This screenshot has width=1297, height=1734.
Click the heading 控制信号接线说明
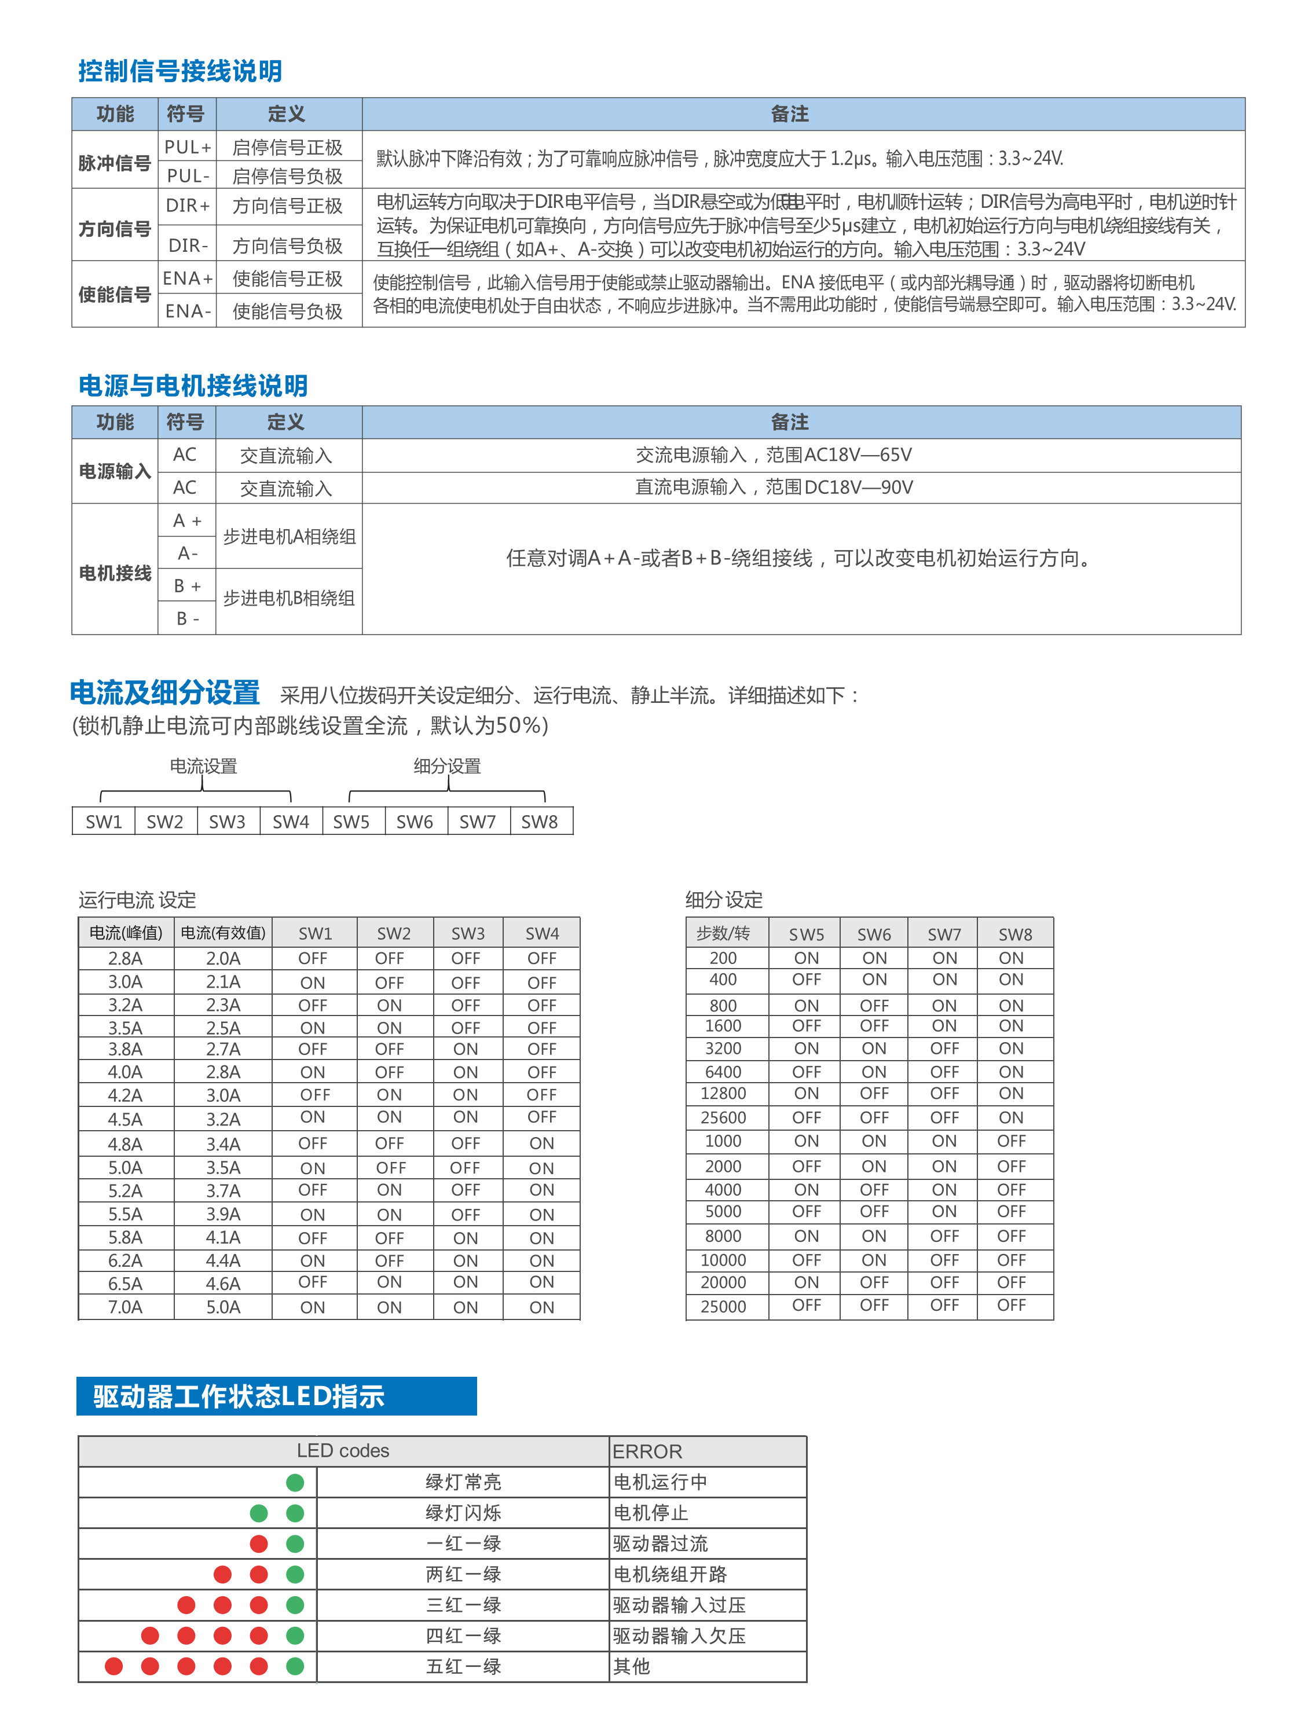point(179,71)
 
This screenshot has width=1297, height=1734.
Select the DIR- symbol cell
point(188,245)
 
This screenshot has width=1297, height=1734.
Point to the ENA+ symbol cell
point(188,278)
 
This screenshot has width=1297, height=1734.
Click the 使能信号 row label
point(115,295)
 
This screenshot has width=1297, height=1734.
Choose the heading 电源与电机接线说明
point(193,386)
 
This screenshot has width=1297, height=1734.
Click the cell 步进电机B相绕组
point(288,598)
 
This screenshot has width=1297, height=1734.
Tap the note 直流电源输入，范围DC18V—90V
point(773,487)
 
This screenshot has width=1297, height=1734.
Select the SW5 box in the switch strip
point(351,822)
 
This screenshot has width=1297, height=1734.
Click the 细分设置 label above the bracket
point(447,766)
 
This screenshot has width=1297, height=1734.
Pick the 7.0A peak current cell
point(126,1307)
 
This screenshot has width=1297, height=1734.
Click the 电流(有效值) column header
point(223,933)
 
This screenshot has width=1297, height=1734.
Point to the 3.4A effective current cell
point(223,1143)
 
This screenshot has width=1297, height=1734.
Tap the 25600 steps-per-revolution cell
point(723,1117)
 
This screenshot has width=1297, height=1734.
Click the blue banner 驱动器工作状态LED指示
point(276,1396)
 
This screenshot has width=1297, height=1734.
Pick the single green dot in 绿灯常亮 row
point(295,1482)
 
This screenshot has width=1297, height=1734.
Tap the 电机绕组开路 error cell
point(670,1574)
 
